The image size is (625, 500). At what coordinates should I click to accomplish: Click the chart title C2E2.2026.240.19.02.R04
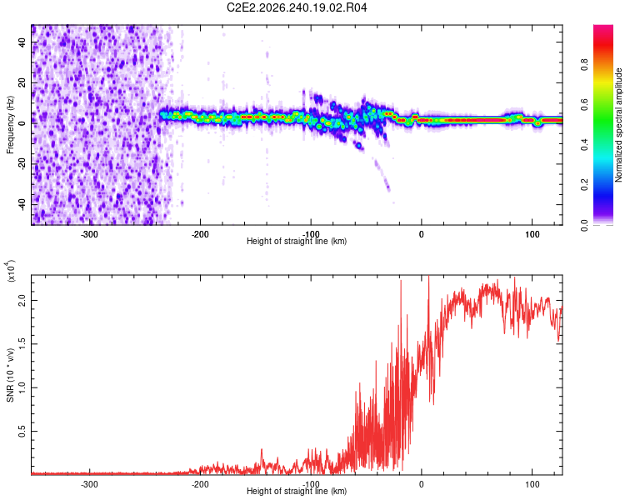coord(297,7)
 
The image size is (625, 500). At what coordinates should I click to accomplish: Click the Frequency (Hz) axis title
coord(10,125)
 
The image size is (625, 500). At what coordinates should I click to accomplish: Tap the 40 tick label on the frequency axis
coord(22,42)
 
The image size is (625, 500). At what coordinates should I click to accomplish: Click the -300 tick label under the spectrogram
coord(89,234)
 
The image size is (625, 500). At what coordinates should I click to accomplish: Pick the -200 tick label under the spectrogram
coord(200,234)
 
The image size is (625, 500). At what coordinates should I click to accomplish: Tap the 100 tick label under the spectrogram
coord(532,234)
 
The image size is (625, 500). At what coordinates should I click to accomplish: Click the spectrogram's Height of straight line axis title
coord(297,241)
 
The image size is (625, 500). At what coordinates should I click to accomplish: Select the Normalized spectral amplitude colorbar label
coord(618,125)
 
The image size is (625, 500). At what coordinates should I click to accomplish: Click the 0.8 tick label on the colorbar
coord(584,64)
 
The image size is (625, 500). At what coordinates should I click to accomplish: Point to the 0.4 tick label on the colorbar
coord(584,145)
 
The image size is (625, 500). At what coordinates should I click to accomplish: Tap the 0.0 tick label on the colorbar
coord(584,225)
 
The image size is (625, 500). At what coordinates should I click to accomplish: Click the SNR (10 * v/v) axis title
coord(10,375)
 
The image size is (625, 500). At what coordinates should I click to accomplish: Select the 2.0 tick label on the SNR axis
coord(22,300)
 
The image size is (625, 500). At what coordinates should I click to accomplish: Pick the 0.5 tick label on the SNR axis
coord(22,431)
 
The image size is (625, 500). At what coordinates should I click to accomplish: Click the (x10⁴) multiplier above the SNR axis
coord(11,271)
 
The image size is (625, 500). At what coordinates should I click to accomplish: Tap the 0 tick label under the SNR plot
coord(422,484)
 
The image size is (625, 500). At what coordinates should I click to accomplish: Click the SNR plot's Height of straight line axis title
coord(297,491)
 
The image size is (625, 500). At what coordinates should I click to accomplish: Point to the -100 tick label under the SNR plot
coord(311,484)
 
